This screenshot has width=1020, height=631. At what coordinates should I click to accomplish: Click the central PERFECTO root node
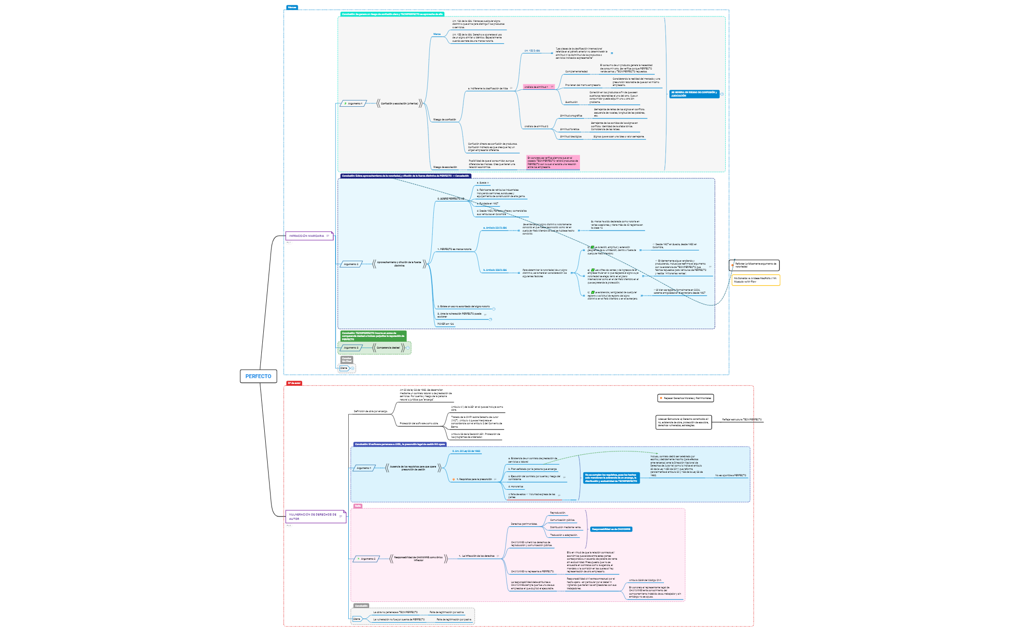tap(258, 376)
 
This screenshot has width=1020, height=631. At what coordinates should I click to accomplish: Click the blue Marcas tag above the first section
tap(291, 7)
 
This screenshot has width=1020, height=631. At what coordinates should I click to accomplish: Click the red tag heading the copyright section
tap(293, 383)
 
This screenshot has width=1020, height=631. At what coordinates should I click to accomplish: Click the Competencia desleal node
tap(388, 348)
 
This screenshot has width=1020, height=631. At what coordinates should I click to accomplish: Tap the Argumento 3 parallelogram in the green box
tap(351, 348)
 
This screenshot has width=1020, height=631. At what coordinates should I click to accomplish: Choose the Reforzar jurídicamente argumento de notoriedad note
tap(755, 265)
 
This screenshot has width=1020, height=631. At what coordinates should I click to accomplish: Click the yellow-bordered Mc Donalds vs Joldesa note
tap(755, 280)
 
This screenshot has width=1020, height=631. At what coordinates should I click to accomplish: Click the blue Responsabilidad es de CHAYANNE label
tap(611, 529)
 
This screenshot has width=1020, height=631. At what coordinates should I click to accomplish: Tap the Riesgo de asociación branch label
tap(445, 167)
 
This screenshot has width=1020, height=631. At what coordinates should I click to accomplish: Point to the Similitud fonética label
tap(569, 129)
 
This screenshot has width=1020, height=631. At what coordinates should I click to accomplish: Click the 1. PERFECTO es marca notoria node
tap(454, 249)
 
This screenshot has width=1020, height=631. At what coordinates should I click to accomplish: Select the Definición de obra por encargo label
tap(371, 411)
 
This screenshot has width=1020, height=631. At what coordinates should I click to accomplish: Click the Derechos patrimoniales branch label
tap(524, 524)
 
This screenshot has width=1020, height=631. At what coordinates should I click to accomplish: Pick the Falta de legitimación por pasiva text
tap(454, 619)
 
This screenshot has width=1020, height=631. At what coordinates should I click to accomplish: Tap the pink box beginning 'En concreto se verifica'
tap(553, 162)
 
